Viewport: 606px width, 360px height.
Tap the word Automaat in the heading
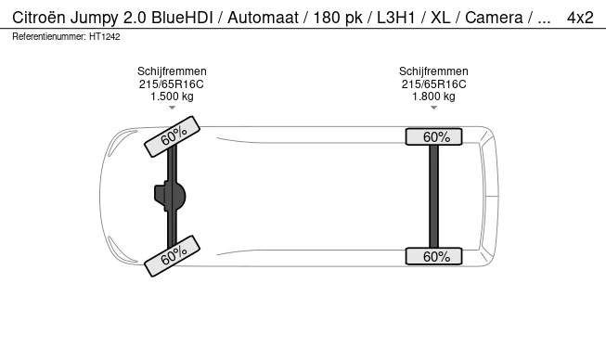point(263,18)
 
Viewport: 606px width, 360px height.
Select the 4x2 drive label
point(580,18)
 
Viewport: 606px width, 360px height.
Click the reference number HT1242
point(104,37)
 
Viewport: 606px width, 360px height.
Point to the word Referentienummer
point(48,37)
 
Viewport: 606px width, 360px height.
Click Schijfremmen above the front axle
point(172,71)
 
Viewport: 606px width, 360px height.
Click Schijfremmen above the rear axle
point(433,71)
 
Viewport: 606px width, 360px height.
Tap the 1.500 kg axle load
point(172,96)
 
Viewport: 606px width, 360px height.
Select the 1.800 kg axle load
point(433,96)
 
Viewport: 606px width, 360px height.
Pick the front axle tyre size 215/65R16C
point(172,84)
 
